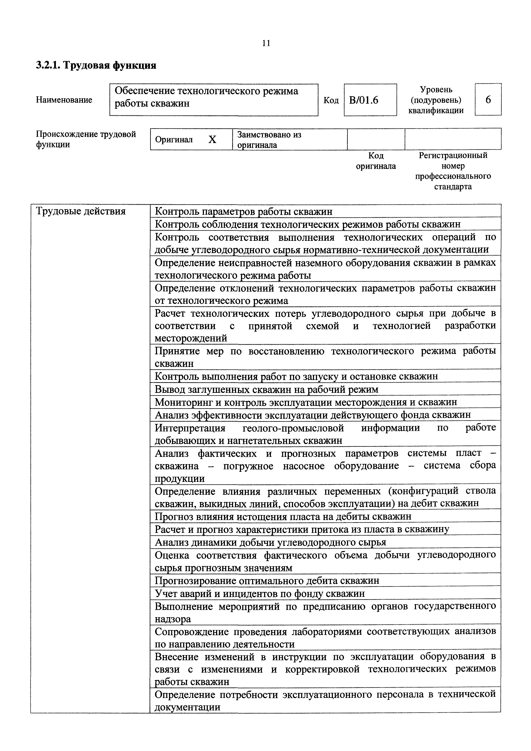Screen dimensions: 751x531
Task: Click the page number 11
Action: click(x=266, y=43)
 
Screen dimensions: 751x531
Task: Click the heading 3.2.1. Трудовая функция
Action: click(x=96, y=66)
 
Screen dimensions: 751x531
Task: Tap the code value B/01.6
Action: click(x=363, y=100)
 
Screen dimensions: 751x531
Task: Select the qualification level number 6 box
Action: click(x=488, y=99)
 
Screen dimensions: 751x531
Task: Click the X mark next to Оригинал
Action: click(x=212, y=140)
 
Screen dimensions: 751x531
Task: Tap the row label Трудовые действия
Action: click(x=81, y=211)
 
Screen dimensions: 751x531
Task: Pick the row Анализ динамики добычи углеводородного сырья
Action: click(x=270, y=542)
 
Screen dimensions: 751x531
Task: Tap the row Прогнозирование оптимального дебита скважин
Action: click(x=267, y=581)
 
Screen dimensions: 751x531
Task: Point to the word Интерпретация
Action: click(x=190, y=428)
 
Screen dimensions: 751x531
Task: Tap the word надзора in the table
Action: click(x=173, y=619)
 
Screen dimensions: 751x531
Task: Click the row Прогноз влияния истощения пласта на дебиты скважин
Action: click(x=283, y=517)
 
